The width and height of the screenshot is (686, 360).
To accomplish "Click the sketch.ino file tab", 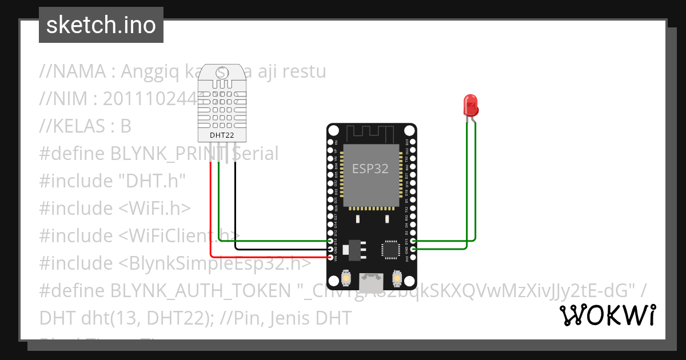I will pyautogui.click(x=101, y=25).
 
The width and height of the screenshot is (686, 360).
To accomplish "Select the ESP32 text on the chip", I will pyautogui.click(x=370, y=169).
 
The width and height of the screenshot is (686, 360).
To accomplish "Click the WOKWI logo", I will pyautogui.click(x=607, y=315).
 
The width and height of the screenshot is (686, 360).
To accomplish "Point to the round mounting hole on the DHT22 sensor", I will pyautogui.click(x=223, y=73).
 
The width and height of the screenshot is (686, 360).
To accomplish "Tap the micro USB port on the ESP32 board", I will pyautogui.click(x=371, y=281).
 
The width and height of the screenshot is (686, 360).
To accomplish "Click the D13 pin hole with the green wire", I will pyautogui.click(x=330, y=242).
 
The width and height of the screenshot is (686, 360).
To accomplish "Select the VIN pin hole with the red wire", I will pyautogui.click(x=330, y=258).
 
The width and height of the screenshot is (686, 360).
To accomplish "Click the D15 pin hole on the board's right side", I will pyautogui.click(x=413, y=242).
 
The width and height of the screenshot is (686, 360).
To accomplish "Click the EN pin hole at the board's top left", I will pyautogui.click(x=330, y=142).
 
